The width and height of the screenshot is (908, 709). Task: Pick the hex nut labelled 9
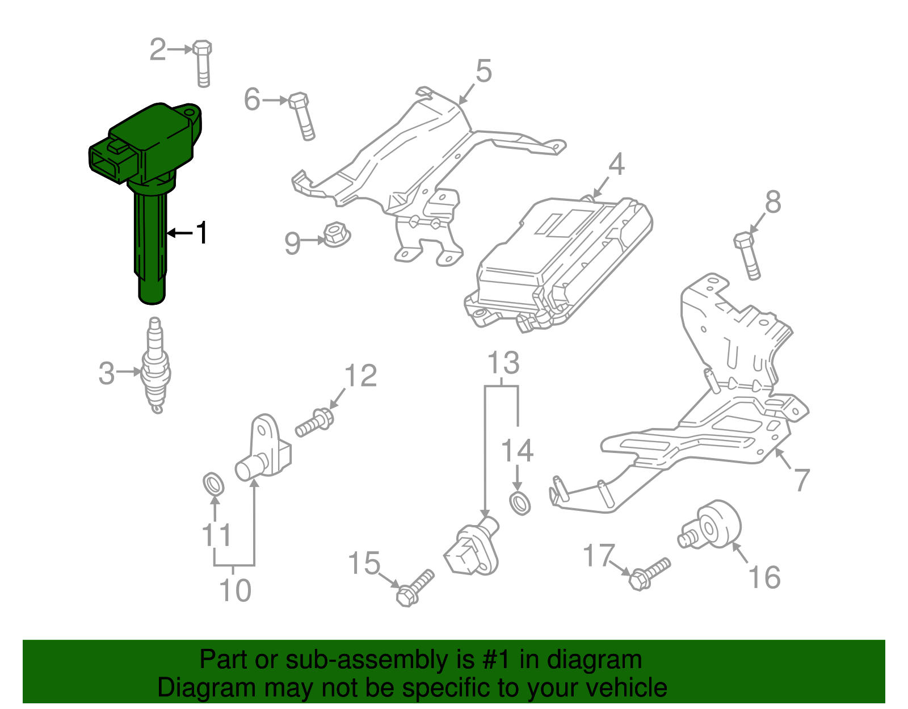pos(336,236)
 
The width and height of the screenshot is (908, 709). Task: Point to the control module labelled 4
pos(559,261)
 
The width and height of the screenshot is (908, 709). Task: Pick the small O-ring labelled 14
pos(520,504)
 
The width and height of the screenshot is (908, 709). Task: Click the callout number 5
pos(484,72)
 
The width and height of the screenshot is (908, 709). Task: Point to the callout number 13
pos(503,363)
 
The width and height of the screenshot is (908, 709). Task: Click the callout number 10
pos(235,590)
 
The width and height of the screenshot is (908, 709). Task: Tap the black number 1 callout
pos(201,233)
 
